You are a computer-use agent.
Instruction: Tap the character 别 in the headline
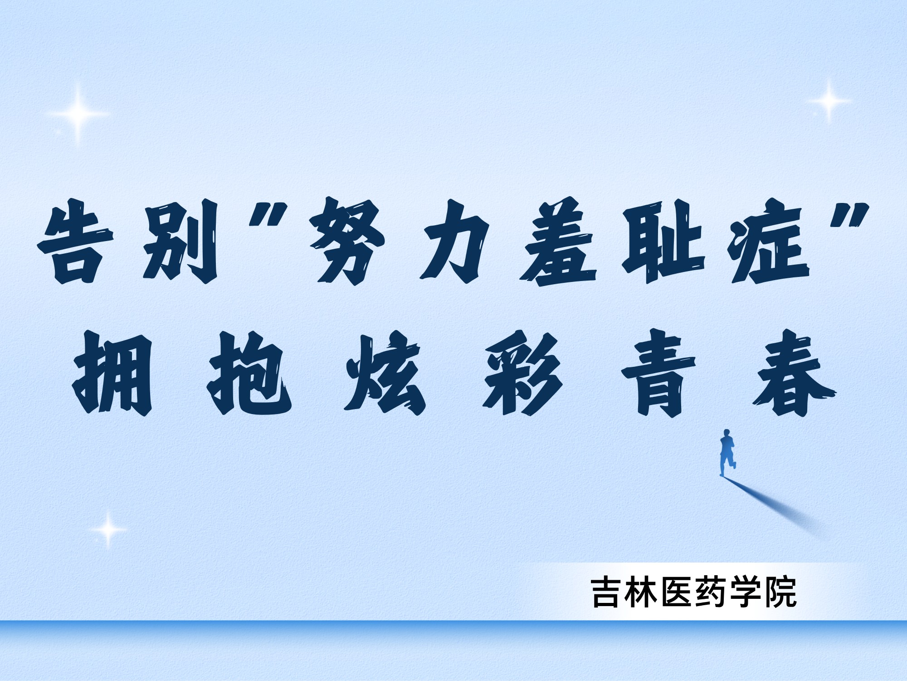[x=180, y=243]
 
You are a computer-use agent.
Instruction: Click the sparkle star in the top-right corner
[x=829, y=101]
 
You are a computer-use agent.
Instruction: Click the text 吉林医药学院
[x=694, y=593]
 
